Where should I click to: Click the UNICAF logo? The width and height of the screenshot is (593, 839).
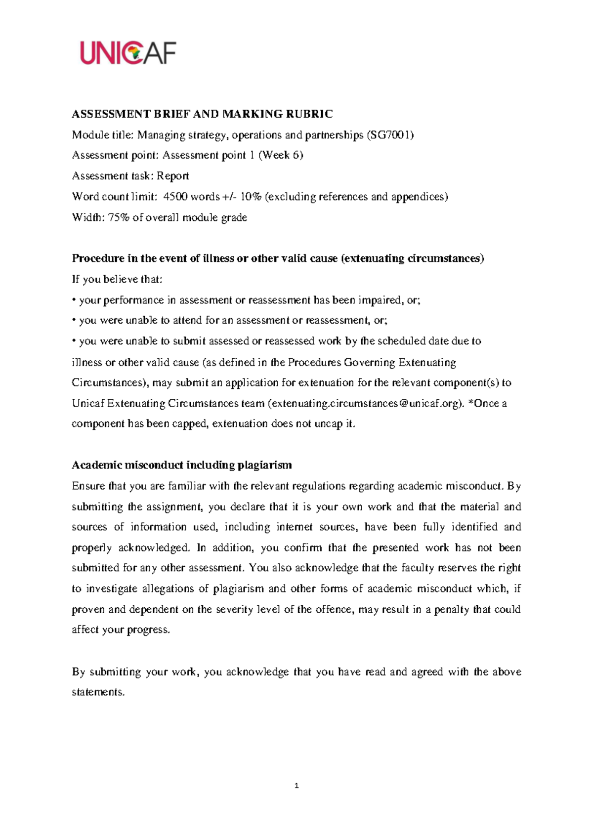(128, 53)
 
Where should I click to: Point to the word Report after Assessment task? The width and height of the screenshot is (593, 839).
(173, 176)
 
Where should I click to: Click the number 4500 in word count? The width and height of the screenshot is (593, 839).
(175, 197)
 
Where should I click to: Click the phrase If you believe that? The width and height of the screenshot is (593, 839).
(117, 279)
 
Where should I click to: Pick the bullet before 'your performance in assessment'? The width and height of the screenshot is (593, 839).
(74, 300)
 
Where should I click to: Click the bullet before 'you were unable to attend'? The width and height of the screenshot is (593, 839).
(74, 321)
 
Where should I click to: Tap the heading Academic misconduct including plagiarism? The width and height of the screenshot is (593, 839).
(182, 465)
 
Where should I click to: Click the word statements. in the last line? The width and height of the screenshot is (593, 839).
(98, 692)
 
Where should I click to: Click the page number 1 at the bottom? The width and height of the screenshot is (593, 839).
(296, 786)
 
